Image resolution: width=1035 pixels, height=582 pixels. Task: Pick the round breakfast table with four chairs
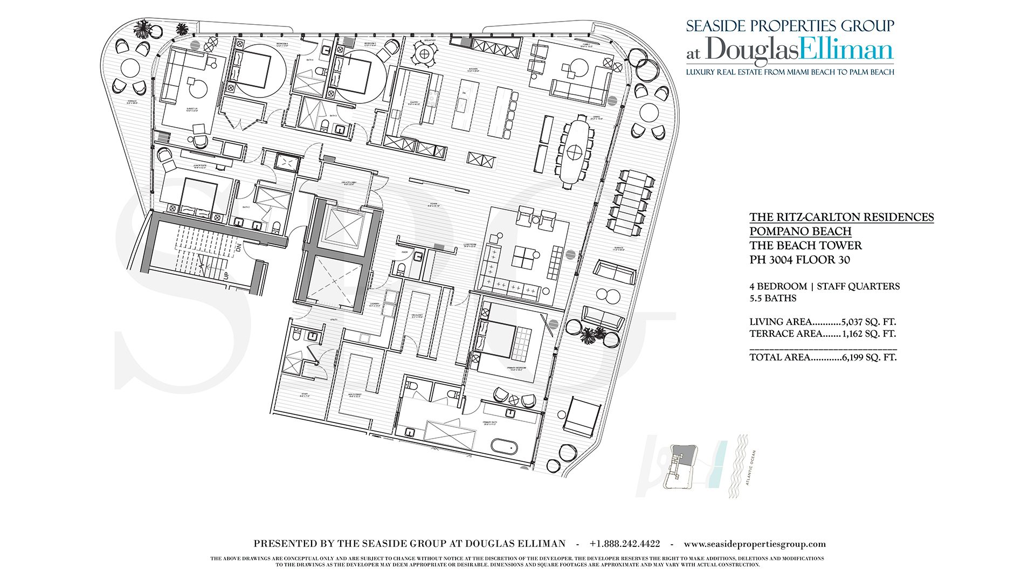[x=424, y=53]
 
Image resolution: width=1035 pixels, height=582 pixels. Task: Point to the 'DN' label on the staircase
[x=238, y=248]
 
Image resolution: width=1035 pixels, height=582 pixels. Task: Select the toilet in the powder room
[x=400, y=268]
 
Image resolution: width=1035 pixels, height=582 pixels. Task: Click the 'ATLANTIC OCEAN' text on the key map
[x=751, y=468]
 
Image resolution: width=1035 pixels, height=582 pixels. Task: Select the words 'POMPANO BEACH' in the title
[x=800, y=231]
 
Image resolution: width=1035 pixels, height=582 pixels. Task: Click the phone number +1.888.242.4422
[x=624, y=544]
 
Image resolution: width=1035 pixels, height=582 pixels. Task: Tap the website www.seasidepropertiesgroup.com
[x=754, y=544]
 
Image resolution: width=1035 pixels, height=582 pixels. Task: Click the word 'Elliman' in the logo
[x=846, y=50]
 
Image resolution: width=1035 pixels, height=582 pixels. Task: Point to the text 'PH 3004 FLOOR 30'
[x=799, y=260]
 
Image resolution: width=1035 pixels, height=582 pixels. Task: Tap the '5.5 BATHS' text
[x=772, y=298]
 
